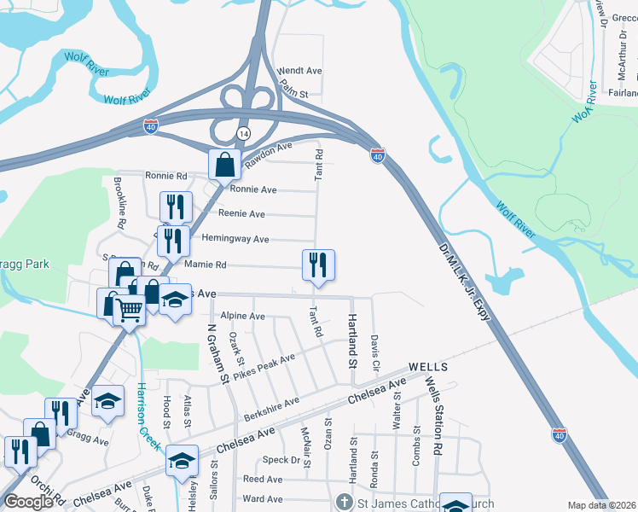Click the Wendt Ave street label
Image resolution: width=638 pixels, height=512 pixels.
[x=299, y=71]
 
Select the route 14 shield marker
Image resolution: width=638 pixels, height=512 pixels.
[x=244, y=134]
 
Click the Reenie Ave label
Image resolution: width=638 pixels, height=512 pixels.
[x=241, y=214]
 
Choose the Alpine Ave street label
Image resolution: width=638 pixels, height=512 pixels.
[x=242, y=317]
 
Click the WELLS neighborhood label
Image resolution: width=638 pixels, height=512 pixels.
[x=428, y=367]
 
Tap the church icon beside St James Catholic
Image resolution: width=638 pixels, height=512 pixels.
[x=345, y=501]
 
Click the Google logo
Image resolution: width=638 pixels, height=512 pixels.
[x=28, y=501]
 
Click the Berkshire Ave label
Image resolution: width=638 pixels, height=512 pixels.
[x=270, y=409]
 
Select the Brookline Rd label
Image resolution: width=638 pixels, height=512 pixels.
[x=120, y=205]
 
